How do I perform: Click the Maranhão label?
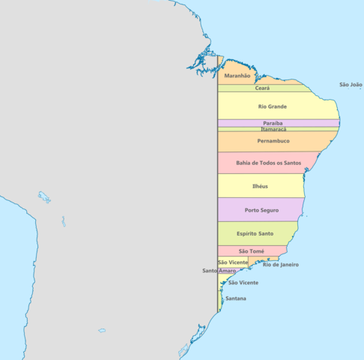pyautogui.click(x=237, y=76)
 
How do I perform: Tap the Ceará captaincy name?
pyautogui.click(x=263, y=88)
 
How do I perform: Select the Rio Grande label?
pyautogui.click(x=272, y=106)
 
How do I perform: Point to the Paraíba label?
pyautogui.click(x=273, y=123)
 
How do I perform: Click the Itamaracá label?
pyautogui.click(x=273, y=129)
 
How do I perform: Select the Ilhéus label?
pyautogui.click(x=260, y=186)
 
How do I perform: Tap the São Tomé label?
pyautogui.click(x=251, y=251)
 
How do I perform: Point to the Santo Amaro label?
pyautogui.click(x=219, y=271)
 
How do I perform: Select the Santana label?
pyautogui.click(x=236, y=298)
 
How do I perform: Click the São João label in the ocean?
pyautogui.click(x=351, y=85)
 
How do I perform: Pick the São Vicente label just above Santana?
pyautogui.click(x=243, y=283)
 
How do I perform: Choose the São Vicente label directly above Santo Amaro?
pyautogui.click(x=232, y=262)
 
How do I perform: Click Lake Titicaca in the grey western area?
pyautogui.click(x=44, y=198)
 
